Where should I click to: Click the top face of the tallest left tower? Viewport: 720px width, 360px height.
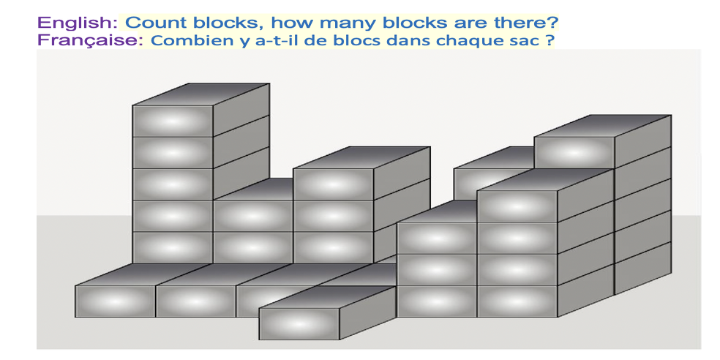tap(201, 94)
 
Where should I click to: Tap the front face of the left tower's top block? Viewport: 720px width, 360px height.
tap(173, 121)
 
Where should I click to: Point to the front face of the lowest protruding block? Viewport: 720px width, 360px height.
tap(299, 323)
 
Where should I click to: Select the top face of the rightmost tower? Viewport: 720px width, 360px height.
tap(603, 126)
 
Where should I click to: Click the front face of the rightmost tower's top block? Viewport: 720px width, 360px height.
tap(574, 152)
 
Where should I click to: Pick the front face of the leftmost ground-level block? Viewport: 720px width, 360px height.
tap(116, 301)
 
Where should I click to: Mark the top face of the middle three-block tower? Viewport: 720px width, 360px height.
tap(362, 157)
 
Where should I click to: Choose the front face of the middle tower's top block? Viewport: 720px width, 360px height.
tap(334, 184)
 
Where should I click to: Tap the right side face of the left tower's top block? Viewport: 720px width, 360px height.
tap(241, 110)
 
